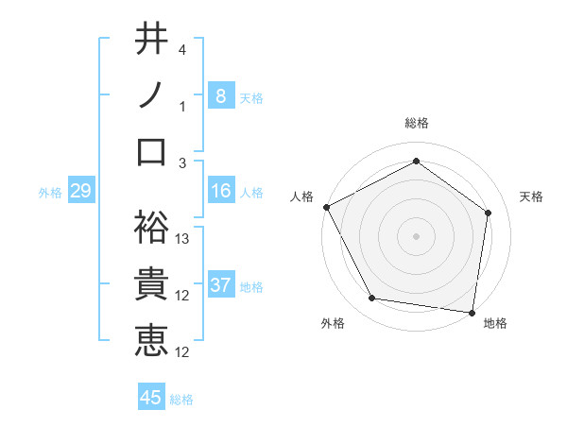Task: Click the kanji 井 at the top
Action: tap(151, 39)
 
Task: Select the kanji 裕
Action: tap(151, 224)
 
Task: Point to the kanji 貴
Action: tap(151, 283)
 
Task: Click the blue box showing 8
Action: tap(220, 95)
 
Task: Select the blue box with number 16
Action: tap(220, 192)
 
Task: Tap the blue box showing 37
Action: tap(220, 286)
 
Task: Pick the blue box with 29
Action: tap(80, 192)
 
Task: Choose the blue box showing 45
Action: tap(151, 398)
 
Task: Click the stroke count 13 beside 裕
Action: tap(183, 239)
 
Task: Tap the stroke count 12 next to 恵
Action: tap(183, 352)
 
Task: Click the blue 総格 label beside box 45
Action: tap(181, 400)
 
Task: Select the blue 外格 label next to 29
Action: tap(50, 193)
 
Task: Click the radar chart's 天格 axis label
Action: tap(532, 196)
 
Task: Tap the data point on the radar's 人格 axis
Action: tap(326, 206)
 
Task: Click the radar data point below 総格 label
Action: tap(416, 161)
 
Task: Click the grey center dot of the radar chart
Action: tap(416, 235)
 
